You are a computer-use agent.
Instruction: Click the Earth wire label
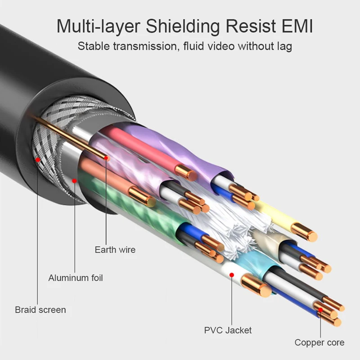coord(115,249)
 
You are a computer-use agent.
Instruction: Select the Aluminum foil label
coord(76,278)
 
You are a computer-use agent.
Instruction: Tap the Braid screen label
coord(40,310)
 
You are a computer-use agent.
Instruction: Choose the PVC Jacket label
coord(228,330)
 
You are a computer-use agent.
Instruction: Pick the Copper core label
coord(319,342)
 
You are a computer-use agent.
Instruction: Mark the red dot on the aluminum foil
coord(74,181)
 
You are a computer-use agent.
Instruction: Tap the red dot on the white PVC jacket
coord(231,274)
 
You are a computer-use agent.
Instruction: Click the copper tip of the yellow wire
coord(310,235)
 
